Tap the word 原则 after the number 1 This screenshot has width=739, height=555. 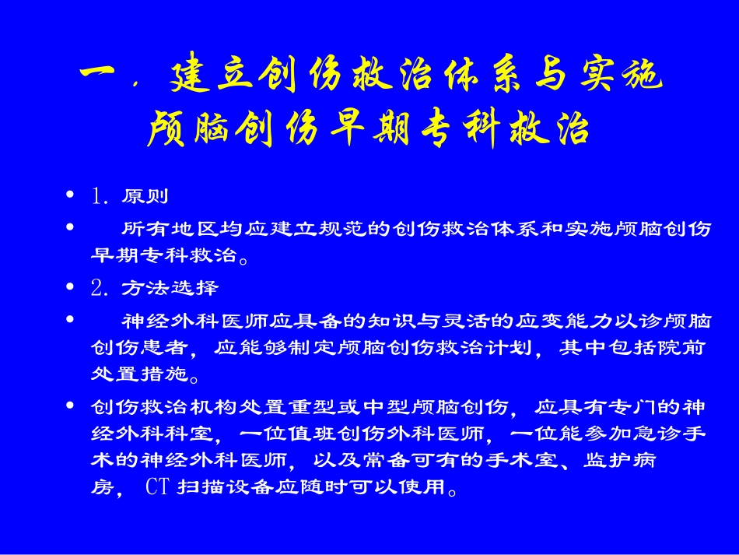coord(145,196)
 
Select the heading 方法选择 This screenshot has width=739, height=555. coord(170,288)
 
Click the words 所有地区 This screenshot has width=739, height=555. coord(170,230)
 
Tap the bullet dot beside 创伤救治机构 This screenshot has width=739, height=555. coord(72,406)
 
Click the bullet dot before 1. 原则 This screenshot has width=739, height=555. coord(72,195)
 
